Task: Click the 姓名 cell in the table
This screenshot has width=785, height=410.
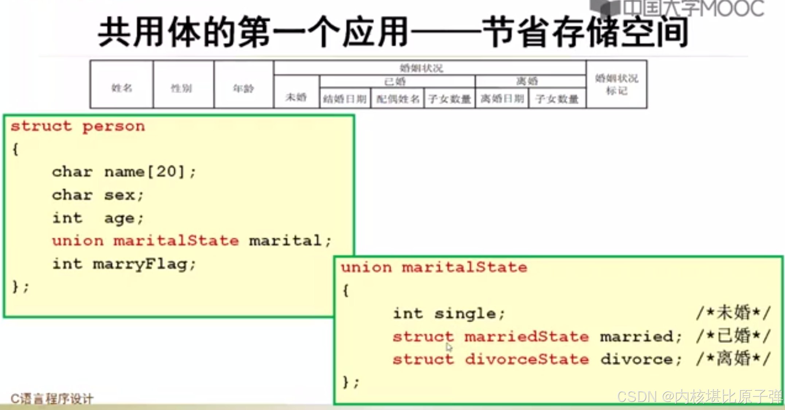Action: (x=122, y=88)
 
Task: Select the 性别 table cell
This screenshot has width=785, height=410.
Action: (x=182, y=88)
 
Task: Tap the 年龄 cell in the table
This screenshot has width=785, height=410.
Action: (x=243, y=88)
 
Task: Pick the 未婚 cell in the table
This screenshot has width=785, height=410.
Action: (x=296, y=97)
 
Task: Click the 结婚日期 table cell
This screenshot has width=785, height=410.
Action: (x=345, y=99)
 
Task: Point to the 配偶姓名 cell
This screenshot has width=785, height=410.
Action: (x=398, y=99)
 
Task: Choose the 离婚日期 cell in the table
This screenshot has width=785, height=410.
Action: (x=502, y=98)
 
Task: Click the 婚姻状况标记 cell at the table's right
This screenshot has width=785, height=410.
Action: (x=617, y=84)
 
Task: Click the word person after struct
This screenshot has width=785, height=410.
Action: (x=114, y=127)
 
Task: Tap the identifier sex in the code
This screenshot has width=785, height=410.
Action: (x=120, y=195)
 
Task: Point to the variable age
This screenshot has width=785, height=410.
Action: (x=120, y=218)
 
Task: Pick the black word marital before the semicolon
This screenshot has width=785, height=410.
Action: (x=285, y=241)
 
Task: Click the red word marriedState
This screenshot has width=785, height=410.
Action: (x=526, y=337)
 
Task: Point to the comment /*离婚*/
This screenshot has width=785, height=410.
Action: (x=733, y=359)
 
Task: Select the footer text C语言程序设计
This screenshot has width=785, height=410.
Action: (x=52, y=399)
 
